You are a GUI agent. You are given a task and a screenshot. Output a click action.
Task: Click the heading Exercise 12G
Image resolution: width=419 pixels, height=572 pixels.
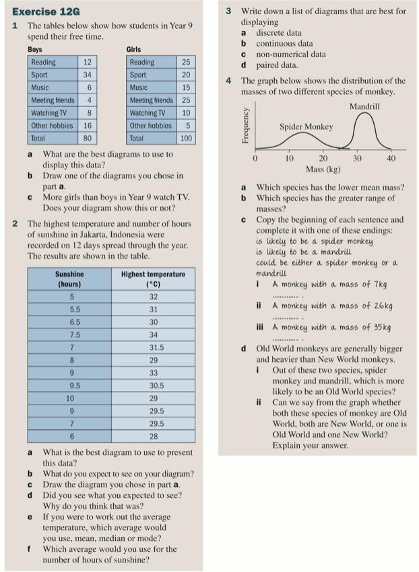pos(46,11)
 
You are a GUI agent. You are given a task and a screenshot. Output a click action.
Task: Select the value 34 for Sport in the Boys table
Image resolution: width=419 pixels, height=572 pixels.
pos(87,75)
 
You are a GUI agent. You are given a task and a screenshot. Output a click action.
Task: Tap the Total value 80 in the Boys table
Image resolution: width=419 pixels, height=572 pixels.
pos(87,138)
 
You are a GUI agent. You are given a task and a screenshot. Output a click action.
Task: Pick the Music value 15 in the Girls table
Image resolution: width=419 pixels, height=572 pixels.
pos(186,87)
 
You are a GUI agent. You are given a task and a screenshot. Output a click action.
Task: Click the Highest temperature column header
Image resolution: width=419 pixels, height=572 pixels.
pos(152,279)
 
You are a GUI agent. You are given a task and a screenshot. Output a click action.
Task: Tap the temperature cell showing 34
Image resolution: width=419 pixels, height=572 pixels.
pos(153,334)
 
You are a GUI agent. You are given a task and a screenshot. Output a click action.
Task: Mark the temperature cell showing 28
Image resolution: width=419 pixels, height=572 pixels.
pos(153,437)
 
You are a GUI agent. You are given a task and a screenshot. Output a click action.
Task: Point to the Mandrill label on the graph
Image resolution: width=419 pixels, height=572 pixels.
pos(364,107)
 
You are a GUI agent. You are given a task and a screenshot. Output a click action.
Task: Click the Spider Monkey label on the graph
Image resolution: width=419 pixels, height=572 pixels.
pos(306,127)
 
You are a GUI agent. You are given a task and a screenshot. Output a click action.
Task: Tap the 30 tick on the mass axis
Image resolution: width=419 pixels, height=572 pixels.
pos(357,158)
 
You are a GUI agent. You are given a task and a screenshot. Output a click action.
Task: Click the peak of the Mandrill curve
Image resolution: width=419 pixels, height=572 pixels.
pos(364,113)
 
